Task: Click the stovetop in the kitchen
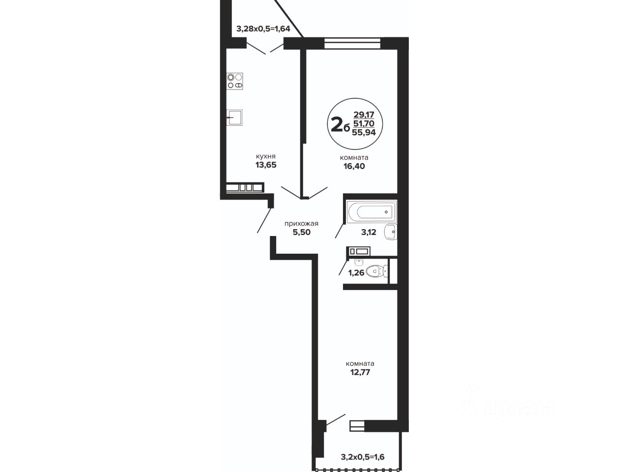[x=235, y=81]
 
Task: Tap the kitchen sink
[x=234, y=118]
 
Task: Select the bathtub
[x=372, y=212]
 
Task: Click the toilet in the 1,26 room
[x=377, y=271]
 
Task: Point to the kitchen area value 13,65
[x=266, y=165]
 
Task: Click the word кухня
[x=266, y=156]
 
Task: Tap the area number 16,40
[x=354, y=166]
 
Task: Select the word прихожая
[x=301, y=224]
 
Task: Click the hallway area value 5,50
[x=301, y=232]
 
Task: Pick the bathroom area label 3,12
[x=369, y=232]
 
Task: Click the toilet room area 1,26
[x=356, y=272]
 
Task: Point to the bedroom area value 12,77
[x=360, y=372]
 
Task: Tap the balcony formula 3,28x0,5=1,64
[x=263, y=29]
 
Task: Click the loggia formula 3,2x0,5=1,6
[x=363, y=457]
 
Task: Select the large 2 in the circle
[x=337, y=125]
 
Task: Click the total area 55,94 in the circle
[x=364, y=132]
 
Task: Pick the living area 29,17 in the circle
[x=364, y=115]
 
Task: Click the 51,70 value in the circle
[x=364, y=123]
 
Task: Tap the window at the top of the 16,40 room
[x=352, y=43]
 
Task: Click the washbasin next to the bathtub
[x=391, y=232]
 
